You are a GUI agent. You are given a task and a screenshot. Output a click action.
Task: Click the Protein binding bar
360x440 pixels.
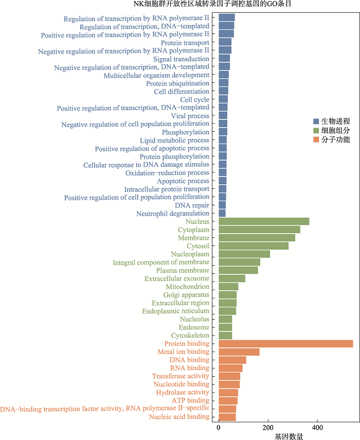pos(285,344)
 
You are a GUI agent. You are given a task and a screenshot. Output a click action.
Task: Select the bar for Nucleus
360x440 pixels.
pos(264,221)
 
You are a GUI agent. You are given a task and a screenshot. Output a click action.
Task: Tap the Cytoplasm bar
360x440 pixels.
pos(259,230)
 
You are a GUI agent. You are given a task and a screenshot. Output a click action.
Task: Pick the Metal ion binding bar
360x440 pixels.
pos(239,352)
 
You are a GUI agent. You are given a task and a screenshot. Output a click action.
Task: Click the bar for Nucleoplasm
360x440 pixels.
pos(244,254)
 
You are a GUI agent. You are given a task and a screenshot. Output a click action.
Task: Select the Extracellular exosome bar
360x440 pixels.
pos(232,278)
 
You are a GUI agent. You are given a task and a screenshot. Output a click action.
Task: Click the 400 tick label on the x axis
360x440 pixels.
pos(317,428)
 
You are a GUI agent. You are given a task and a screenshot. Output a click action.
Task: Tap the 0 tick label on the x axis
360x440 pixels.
pos(219,428)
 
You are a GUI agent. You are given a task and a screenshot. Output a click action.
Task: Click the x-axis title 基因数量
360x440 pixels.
pos(289,436)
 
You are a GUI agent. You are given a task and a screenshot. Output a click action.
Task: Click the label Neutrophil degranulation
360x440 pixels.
pos(173,214)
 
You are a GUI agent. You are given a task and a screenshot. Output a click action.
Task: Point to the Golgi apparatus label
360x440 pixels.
pos(186,295)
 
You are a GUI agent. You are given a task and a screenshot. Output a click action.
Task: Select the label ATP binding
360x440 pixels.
pos(190,400)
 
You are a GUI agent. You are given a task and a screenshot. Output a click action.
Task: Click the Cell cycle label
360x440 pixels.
pos(194,100)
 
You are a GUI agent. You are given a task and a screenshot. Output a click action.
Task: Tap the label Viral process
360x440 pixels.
pos(190,116)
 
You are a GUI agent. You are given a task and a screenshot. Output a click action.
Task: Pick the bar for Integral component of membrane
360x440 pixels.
pos(239,262)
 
